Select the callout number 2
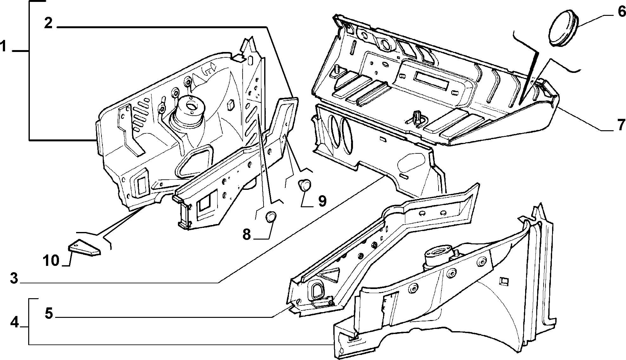[x=48, y=23]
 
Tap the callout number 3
[x=14, y=279]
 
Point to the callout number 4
[x=15, y=323]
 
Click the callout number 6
[x=620, y=12]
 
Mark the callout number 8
[x=247, y=235]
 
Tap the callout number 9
[x=322, y=201]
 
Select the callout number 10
[x=51, y=261]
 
